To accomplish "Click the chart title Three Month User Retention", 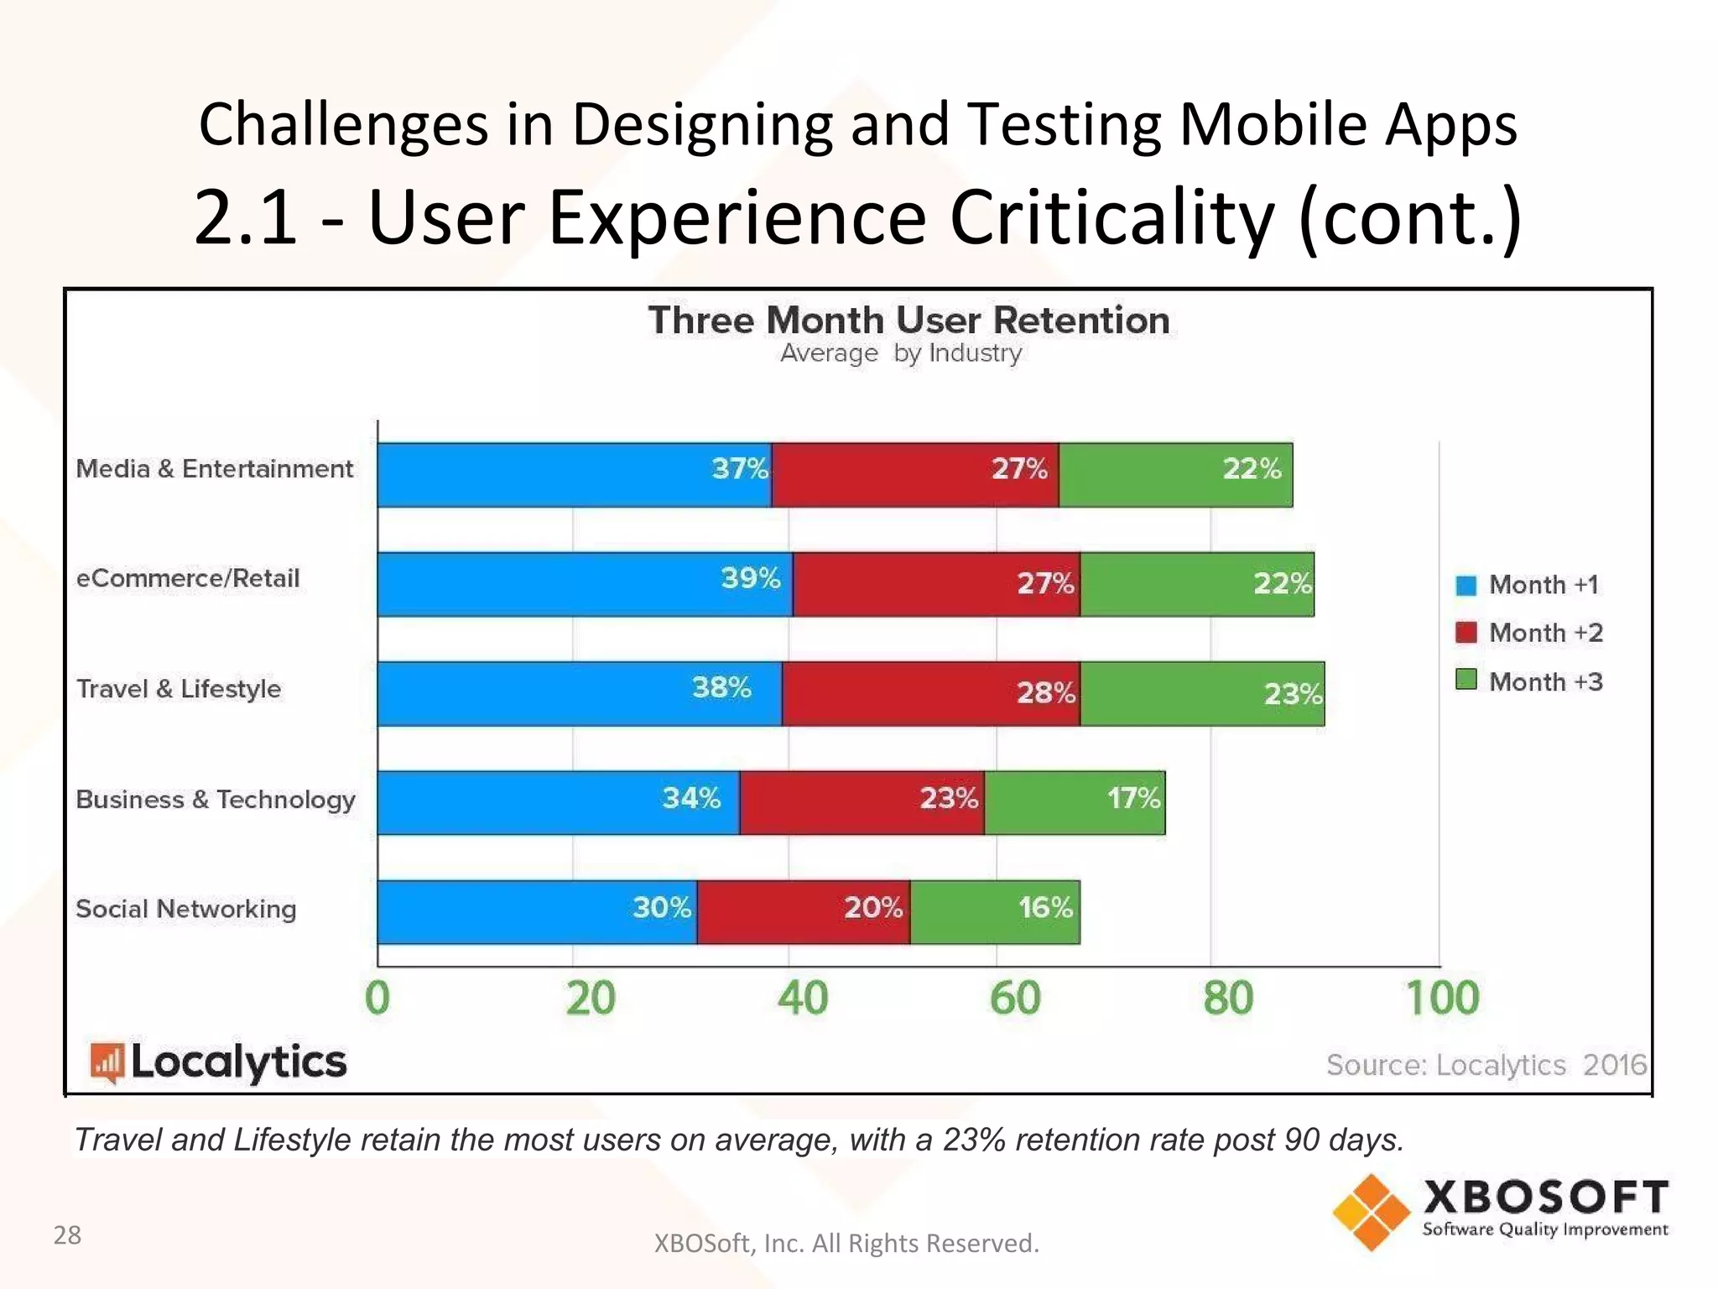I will [x=908, y=321].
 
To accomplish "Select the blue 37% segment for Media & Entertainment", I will [x=575, y=475].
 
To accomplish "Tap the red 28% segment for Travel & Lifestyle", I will [x=931, y=694].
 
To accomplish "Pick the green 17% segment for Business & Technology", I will [x=1075, y=803].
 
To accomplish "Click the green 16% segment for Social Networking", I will [x=995, y=912].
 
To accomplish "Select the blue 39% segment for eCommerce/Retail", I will [x=585, y=584].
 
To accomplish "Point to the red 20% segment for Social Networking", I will [x=803, y=912].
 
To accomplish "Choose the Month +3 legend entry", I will [x=1528, y=681].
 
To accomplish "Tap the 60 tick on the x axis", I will [x=1015, y=999].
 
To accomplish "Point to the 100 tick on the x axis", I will [x=1442, y=999].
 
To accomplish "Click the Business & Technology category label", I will [x=216, y=800].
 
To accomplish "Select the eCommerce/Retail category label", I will [x=188, y=579].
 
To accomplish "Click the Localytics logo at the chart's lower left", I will [x=218, y=1062].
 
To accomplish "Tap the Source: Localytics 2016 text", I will [x=1486, y=1065].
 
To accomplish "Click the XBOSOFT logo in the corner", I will [x=1500, y=1211].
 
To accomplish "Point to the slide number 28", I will [x=67, y=1235].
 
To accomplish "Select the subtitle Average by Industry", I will [x=901, y=353].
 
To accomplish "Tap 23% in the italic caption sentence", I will [x=974, y=1140].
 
